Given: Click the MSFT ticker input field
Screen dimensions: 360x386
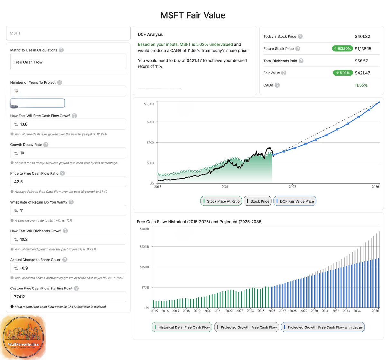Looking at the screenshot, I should (x=68, y=33).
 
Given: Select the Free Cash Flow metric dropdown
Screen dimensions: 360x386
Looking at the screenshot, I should (x=68, y=62).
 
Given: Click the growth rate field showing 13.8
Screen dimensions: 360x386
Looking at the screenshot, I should (x=68, y=124).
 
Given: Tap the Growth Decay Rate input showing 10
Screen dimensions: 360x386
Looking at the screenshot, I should (x=68, y=153).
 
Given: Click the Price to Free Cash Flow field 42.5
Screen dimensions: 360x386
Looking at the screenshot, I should (x=68, y=182).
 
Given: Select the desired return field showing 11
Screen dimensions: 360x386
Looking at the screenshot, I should (x=68, y=211).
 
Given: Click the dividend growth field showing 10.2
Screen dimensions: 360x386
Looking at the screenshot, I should (x=68, y=239).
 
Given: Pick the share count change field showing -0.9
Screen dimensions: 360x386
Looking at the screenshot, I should (x=68, y=268).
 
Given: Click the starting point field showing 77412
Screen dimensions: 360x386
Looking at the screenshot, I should (x=68, y=297).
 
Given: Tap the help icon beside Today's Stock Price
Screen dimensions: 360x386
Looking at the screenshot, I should (x=300, y=36).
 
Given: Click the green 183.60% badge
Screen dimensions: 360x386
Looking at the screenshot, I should (x=342, y=49).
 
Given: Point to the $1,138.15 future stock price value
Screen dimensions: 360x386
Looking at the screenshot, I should (x=363, y=49).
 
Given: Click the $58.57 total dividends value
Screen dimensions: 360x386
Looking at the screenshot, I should (x=361, y=61).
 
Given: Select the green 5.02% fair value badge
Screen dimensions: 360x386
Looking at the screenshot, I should (x=343, y=73).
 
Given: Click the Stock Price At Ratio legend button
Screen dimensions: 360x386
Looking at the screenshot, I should (x=221, y=201).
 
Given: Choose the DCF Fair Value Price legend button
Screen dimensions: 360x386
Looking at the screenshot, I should (x=295, y=201).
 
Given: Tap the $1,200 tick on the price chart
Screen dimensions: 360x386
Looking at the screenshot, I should (x=149, y=104).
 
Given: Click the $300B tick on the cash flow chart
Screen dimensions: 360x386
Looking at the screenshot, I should (x=144, y=229).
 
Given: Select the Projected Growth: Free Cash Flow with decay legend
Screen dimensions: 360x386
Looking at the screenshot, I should (x=323, y=327).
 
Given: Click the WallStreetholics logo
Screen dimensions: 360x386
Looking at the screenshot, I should (x=23, y=336).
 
